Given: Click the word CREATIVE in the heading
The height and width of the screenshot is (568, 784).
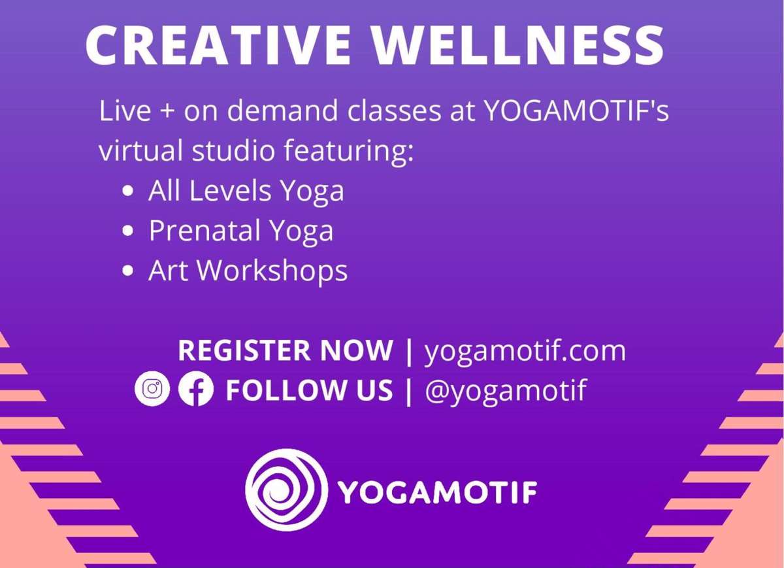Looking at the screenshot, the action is click(x=218, y=45).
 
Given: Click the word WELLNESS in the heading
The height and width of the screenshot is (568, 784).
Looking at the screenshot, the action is click(x=517, y=45).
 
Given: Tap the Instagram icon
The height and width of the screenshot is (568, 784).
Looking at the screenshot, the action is click(x=152, y=388).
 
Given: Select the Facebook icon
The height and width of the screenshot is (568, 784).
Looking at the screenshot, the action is click(x=195, y=388).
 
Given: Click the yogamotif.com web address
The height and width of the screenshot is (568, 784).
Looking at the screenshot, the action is click(x=525, y=351).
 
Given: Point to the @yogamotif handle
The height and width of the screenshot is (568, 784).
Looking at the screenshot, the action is click(x=506, y=390).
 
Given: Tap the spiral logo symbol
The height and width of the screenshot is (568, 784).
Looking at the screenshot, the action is click(x=287, y=490).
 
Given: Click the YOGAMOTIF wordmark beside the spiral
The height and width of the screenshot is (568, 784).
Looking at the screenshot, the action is click(x=438, y=492).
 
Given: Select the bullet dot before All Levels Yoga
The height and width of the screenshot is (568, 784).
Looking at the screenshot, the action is click(x=129, y=192).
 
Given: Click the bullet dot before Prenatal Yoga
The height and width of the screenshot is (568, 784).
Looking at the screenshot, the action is click(x=129, y=231).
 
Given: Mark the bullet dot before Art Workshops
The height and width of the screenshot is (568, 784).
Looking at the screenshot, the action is click(x=129, y=271).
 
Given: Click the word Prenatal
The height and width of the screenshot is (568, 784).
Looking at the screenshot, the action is click(x=204, y=230).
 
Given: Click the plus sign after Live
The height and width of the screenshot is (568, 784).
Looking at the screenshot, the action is click(x=167, y=112).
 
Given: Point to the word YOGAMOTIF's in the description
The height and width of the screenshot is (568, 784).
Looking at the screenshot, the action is click(x=577, y=110).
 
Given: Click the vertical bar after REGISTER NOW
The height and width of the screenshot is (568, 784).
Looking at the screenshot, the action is click(x=408, y=351).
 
